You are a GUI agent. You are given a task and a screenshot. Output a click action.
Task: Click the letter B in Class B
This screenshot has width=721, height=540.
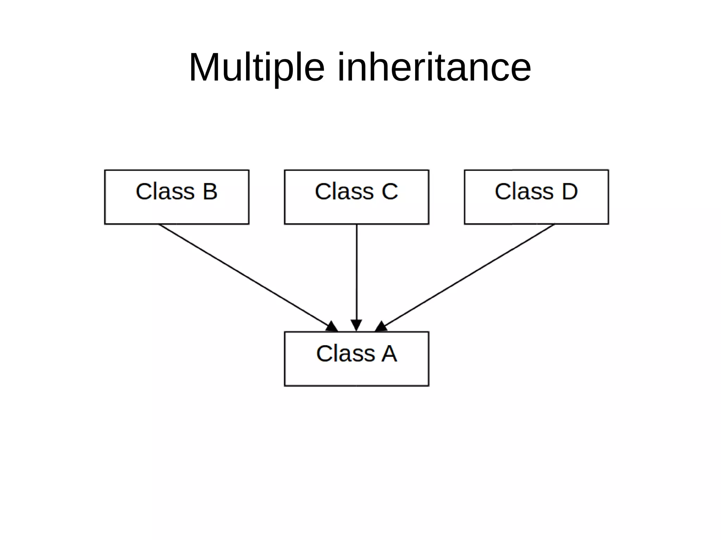tap(210, 192)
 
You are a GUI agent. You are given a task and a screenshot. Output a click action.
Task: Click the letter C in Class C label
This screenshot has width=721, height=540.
tap(389, 192)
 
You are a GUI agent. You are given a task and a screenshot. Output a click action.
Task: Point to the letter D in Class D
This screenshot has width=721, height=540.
tap(570, 192)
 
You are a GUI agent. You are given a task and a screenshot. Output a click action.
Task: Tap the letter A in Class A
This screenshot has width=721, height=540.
tap(389, 354)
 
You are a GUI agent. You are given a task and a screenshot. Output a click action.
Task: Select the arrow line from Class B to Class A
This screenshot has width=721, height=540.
tap(243, 274)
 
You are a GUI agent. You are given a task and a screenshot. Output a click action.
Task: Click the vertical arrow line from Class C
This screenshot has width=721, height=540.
tap(356, 271)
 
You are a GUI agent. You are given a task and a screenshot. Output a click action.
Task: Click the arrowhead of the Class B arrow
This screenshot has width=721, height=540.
tap(331, 327)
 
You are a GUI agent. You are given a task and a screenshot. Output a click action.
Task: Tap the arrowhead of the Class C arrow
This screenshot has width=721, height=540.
tap(356, 325)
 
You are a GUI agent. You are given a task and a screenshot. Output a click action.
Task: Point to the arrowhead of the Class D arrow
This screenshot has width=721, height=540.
tap(382, 327)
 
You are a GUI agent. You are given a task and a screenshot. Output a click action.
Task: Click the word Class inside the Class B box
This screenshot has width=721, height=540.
tap(165, 192)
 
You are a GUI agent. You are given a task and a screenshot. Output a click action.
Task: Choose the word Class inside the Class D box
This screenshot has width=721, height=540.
tap(524, 192)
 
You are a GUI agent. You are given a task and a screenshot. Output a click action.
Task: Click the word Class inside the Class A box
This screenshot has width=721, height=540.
tap(345, 354)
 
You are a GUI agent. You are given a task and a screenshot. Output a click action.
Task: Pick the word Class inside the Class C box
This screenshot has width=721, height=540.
tap(344, 192)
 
